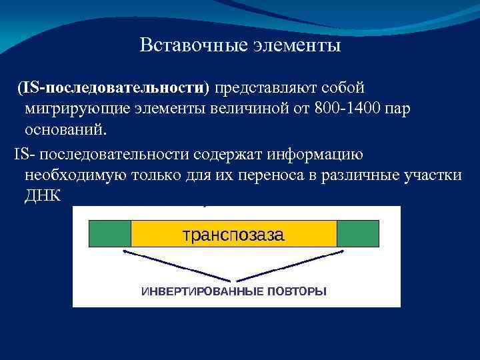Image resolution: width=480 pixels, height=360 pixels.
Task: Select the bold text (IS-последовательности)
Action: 113,87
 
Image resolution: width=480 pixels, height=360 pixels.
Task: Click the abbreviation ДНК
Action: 43,195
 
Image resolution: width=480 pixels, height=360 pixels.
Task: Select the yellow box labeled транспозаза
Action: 233,234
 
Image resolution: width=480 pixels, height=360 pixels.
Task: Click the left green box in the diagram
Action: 109,234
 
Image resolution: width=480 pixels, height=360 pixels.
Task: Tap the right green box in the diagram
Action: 357,234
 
